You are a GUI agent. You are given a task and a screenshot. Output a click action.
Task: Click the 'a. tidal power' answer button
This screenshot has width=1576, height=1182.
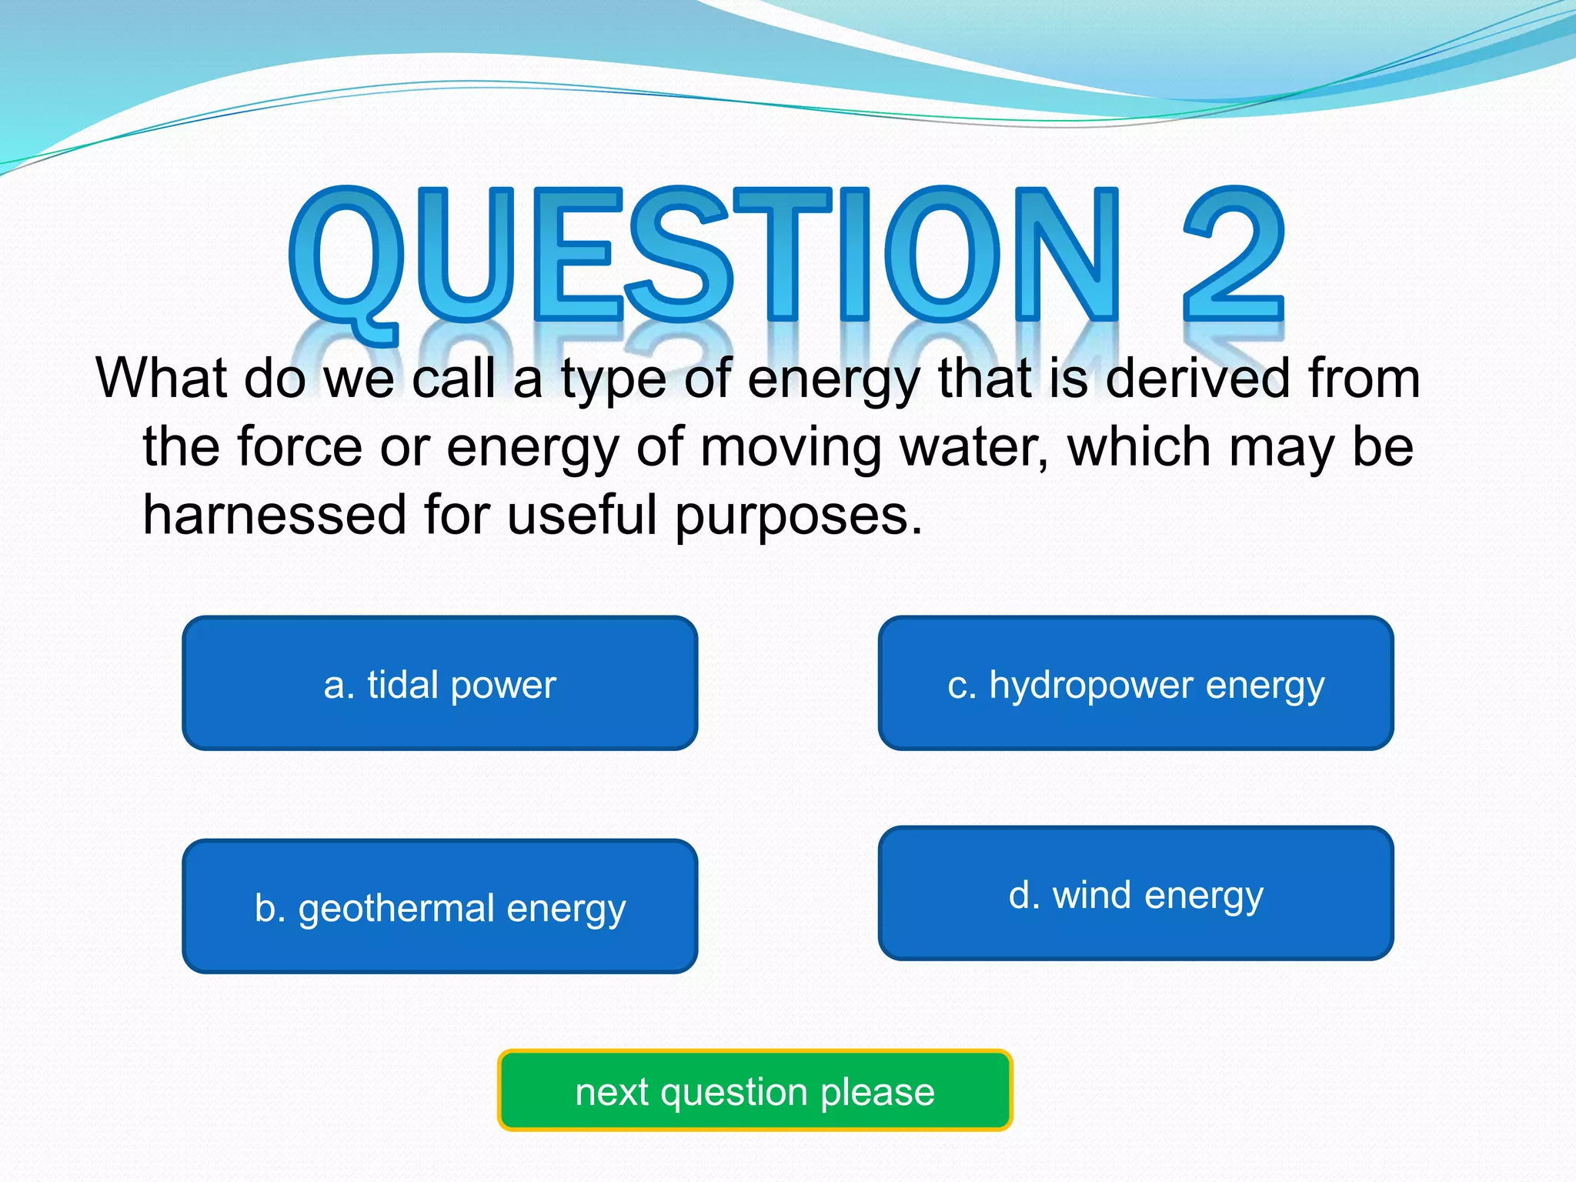tap(439, 683)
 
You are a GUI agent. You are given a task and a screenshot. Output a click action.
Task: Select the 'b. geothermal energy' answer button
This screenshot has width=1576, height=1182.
tap(439, 907)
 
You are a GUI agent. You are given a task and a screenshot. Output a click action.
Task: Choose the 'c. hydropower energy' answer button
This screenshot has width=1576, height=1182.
tap(1136, 683)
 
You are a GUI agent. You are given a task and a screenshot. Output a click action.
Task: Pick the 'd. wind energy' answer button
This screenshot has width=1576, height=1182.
tap(1136, 893)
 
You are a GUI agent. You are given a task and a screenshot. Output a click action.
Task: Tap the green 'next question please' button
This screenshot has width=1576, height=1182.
tap(755, 1090)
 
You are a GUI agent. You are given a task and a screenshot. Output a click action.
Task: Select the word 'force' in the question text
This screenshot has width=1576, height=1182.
tap(299, 447)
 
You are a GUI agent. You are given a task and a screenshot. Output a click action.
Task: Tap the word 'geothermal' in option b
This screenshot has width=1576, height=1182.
tap(396, 909)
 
